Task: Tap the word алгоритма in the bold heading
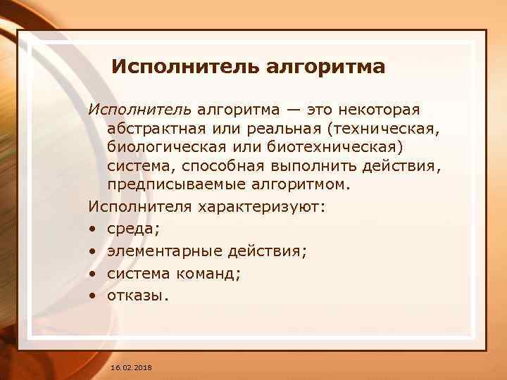326,68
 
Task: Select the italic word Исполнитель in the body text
139,110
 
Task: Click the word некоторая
380,110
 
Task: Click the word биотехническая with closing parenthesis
342,148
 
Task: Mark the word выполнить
321,166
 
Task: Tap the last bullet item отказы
137,296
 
